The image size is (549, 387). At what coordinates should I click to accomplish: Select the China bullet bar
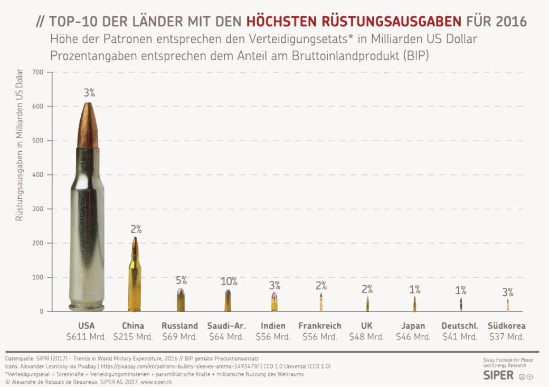click(135, 277)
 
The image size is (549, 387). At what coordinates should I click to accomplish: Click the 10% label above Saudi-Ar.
click(229, 281)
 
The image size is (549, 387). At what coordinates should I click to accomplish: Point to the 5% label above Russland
click(181, 280)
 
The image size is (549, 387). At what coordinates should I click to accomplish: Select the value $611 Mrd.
click(86, 336)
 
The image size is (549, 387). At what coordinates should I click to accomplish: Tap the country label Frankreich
click(320, 326)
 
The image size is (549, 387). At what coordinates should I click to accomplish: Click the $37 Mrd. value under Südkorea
click(507, 336)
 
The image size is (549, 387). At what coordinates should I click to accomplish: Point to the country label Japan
click(413, 326)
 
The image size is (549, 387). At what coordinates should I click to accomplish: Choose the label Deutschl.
click(460, 326)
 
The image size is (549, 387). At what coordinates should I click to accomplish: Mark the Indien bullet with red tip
click(274, 302)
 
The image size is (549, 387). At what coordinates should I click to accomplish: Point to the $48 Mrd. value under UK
click(367, 336)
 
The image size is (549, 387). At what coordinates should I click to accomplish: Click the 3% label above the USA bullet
click(89, 93)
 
